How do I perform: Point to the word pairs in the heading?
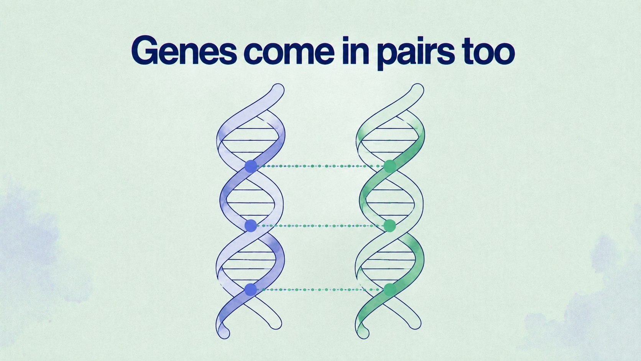416,53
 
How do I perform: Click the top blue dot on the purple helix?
251,166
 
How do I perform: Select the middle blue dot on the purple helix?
251,226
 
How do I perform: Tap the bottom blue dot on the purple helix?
251,290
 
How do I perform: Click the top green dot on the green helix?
390,166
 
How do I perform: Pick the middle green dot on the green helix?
390,226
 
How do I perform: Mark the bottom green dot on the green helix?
390,290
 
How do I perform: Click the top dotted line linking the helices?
320,166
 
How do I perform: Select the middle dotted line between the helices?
320,226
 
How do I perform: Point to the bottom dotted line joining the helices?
320,290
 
